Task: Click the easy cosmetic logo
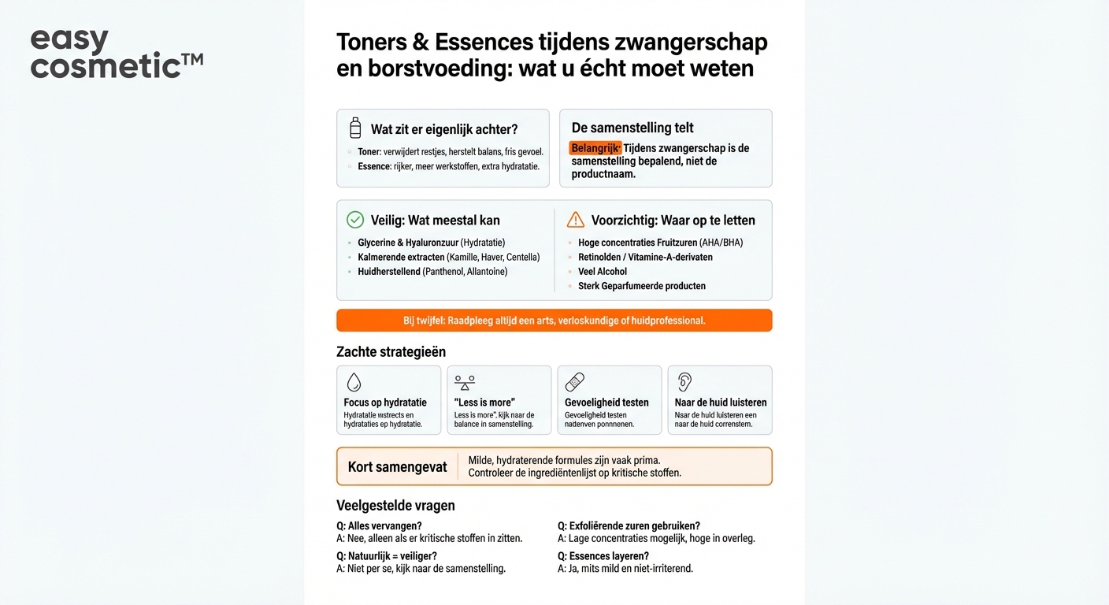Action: coord(116,54)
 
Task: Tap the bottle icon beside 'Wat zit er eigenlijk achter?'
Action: coord(355,128)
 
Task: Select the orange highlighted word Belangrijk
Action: coord(595,148)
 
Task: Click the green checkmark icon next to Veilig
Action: coord(355,220)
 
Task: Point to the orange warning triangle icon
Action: coord(576,220)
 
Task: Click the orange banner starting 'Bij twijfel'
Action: coord(554,321)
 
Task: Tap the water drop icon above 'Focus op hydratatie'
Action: coord(354,382)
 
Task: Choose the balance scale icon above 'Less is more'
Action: coord(465,382)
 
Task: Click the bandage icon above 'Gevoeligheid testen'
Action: coord(575,382)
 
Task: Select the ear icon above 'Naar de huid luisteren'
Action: coord(684,382)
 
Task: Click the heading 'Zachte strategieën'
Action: coord(391,351)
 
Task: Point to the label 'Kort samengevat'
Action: coord(397,467)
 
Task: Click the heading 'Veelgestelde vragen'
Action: coord(395,506)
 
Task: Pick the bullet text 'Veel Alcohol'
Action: coord(603,272)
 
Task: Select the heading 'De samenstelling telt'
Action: coord(632,128)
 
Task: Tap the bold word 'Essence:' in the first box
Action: coord(375,166)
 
